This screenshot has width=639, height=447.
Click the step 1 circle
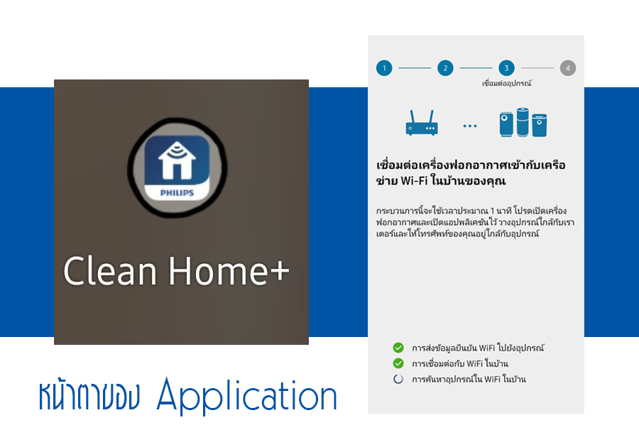[384, 68]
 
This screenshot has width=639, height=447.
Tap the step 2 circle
[445, 68]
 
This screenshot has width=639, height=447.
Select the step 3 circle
[506, 68]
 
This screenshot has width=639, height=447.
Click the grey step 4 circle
[568, 68]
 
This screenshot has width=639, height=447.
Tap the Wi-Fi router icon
[422, 123]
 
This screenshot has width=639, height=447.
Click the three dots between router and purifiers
[470, 126]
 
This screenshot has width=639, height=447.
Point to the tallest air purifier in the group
[523, 122]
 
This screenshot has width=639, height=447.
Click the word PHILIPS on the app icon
[177, 192]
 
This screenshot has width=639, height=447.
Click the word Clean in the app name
[110, 271]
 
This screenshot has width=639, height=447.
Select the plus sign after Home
[279, 271]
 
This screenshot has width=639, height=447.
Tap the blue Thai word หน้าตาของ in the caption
[89, 395]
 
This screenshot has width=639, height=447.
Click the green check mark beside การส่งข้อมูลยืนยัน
[398, 348]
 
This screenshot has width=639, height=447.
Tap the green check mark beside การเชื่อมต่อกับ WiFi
[398, 363]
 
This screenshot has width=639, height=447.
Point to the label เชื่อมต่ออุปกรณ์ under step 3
[506, 84]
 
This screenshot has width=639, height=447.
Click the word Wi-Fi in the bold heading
[414, 181]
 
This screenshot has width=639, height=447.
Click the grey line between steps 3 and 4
[537, 68]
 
